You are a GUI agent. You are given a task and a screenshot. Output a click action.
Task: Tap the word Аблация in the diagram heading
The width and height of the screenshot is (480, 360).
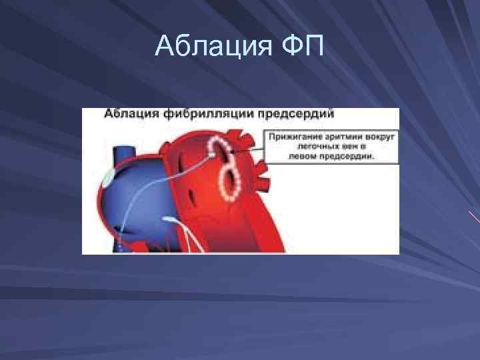(x=130, y=114)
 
